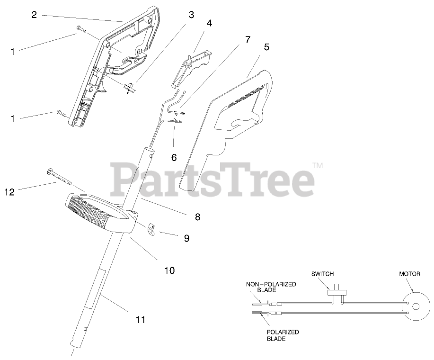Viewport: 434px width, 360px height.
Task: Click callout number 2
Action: [x=34, y=15]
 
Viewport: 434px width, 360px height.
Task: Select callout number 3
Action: [x=191, y=15]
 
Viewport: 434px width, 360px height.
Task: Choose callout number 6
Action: [x=174, y=157]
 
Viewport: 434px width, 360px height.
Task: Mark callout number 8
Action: [x=197, y=217]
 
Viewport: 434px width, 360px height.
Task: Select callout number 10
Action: [x=169, y=270]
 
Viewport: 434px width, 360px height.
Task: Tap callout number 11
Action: [x=140, y=320]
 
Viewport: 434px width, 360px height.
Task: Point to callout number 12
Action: [x=9, y=192]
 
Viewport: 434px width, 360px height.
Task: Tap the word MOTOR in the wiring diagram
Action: [x=410, y=274]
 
